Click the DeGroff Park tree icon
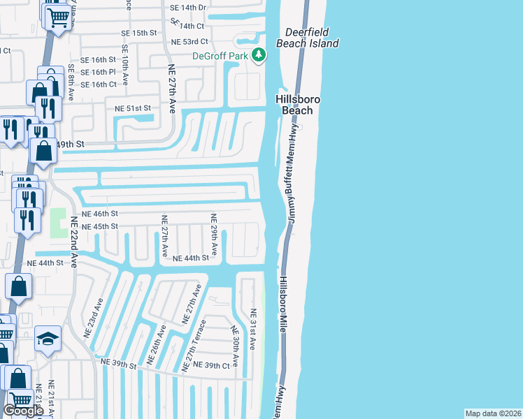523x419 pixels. pyautogui.click(x=259, y=54)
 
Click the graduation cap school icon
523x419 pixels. pyautogui.click(x=48, y=340)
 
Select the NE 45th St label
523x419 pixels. pyautogui.click(x=100, y=226)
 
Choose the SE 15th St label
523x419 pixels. pyautogui.click(x=139, y=33)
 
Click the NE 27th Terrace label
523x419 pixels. pyautogui.click(x=194, y=345)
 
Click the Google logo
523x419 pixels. pyautogui.click(x=24, y=411)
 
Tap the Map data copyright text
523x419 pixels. pyautogui.click(x=493, y=413)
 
